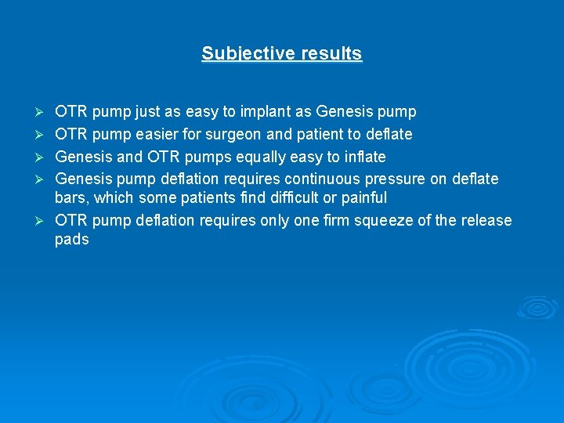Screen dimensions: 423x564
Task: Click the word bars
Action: point(71,197)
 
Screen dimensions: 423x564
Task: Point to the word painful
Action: point(363,197)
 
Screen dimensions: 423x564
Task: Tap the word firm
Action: point(333,220)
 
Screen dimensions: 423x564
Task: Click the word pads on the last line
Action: point(72,240)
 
